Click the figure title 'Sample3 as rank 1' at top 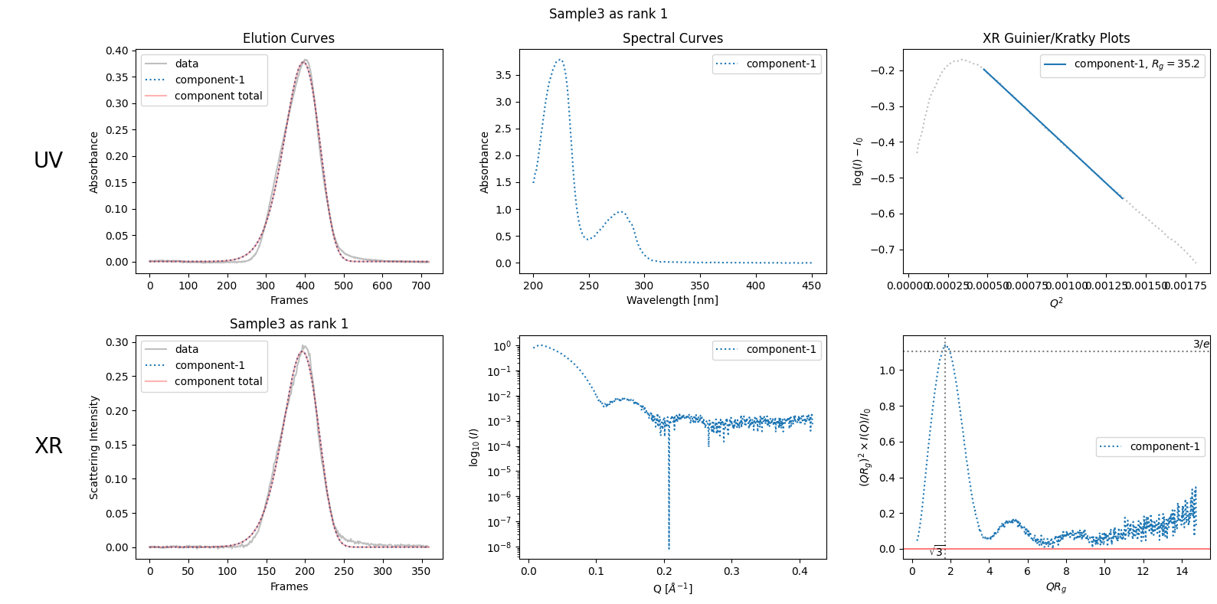[608, 14]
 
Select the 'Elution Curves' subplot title [289, 38]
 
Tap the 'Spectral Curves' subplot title [672, 38]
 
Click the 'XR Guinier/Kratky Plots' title [1056, 38]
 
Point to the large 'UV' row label [48, 160]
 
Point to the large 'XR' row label [48, 446]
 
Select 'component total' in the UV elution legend [218, 96]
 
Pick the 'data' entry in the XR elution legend [186, 349]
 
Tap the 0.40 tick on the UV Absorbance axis [117, 51]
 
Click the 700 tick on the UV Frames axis [420, 286]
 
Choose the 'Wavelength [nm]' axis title [672, 300]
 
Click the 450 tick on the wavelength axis [811, 286]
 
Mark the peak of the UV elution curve [306, 60]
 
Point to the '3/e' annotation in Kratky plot [1201, 344]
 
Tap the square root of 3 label [937, 552]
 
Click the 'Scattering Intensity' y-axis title [94, 447]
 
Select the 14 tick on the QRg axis [1182, 571]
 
